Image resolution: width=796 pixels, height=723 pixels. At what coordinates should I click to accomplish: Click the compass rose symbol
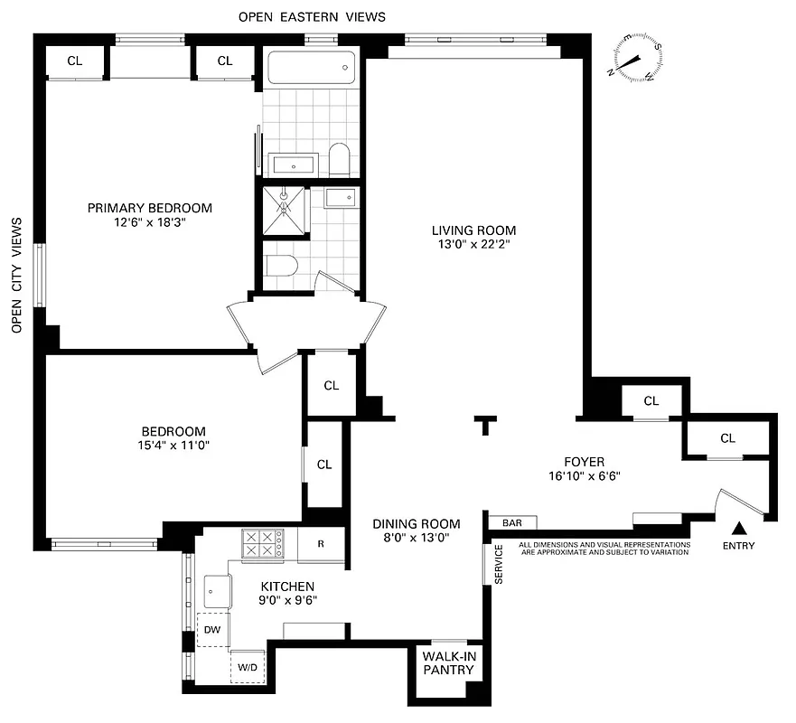click(x=639, y=59)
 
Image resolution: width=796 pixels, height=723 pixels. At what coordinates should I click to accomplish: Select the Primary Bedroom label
click(x=150, y=208)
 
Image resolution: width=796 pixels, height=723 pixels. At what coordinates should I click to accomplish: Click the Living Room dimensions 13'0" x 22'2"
click(x=474, y=244)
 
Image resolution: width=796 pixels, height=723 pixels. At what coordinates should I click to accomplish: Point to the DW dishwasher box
click(x=212, y=629)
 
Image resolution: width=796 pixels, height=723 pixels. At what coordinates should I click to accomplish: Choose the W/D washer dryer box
click(x=247, y=666)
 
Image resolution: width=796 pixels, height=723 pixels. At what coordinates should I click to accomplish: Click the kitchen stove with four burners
click(x=262, y=543)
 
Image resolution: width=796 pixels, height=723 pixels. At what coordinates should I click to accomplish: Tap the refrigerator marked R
click(x=322, y=544)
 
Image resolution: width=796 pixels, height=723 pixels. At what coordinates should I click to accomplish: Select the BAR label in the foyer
click(x=512, y=522)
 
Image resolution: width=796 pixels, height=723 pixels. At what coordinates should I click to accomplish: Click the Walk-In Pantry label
click(x=449, y=663)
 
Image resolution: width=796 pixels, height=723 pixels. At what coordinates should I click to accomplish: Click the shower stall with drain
click(x=285, y=210)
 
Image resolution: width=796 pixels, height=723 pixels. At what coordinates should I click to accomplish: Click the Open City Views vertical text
click(x=16, y=276)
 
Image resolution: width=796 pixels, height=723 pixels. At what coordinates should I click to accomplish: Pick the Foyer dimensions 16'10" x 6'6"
click(x=584, y=476)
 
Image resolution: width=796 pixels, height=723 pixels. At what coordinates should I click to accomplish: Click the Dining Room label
click(x=417, y=523)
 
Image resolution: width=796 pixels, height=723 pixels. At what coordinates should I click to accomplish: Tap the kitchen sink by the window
click(x=217, y=591)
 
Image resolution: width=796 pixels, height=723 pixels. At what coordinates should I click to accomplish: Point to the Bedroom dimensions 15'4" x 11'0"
click(x=173, y=446)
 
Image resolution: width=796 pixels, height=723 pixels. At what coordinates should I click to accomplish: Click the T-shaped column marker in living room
click(x=487, y=424)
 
